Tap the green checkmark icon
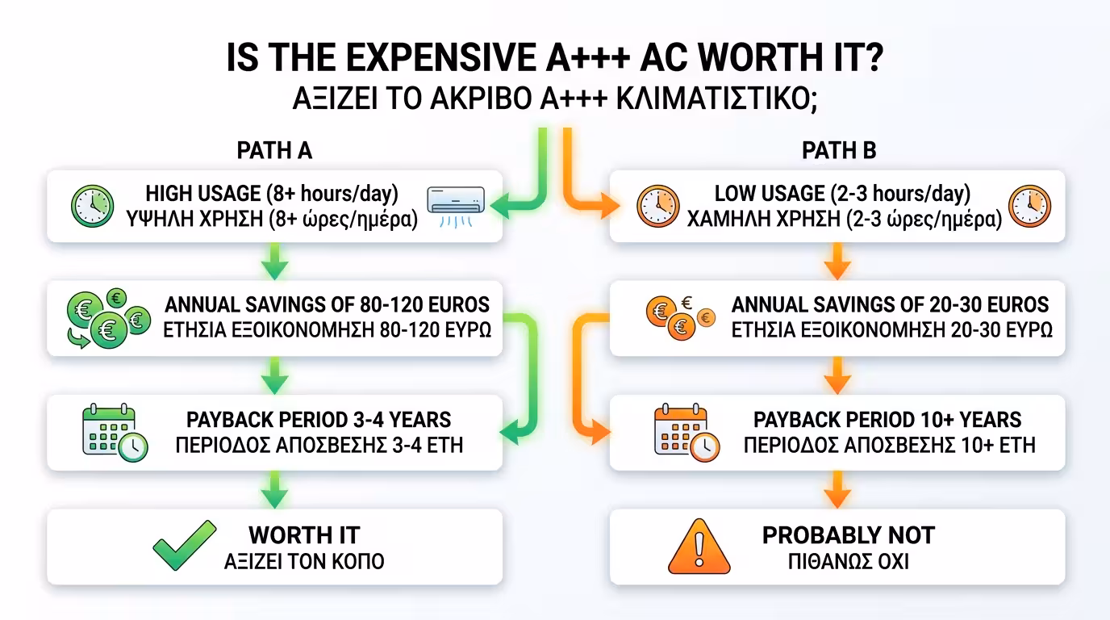[x=185, y=546]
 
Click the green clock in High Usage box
[x=92, y=206]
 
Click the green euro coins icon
[x=107, y=319]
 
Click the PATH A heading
[x=274, y=150]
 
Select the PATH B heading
[x=839, y=150]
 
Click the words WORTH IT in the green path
[x=304, y=534]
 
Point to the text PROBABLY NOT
[x=848, y=534]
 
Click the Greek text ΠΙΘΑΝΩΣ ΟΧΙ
[x=848, y=560]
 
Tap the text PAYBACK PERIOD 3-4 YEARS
[x=319, y=420]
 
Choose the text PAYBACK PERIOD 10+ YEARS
[x=887, y=420]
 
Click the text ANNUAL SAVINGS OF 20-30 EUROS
[x=890, y=304]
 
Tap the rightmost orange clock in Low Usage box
[x=1029, y=206]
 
